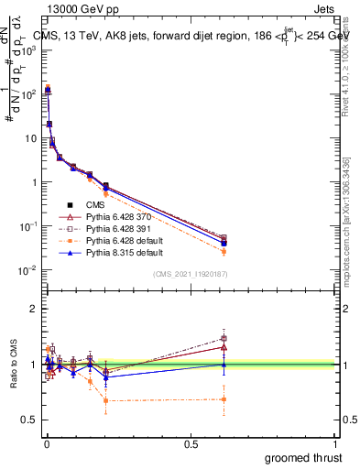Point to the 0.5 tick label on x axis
pyautogui.click(x=191, y=443)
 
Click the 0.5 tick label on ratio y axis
pyautogui.click(x=30, y=420)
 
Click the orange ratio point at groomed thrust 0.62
pyautogui.click(x=224, y=398)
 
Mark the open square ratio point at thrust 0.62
pyautogui.click(x=224, y=338)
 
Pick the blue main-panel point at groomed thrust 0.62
pyautogui.click(x=224, y=243)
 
